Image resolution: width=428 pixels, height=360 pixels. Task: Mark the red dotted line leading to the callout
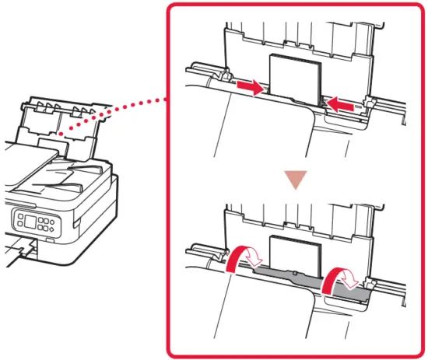point(117,114)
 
